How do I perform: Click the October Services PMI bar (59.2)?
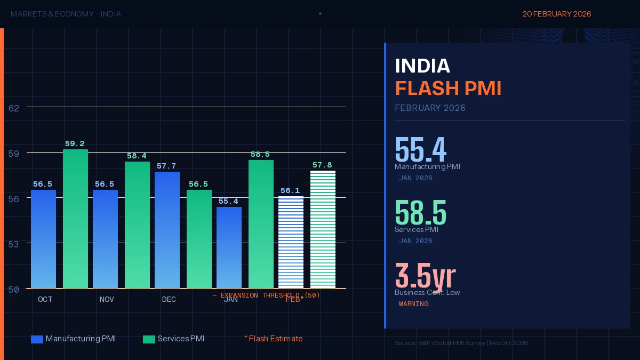75,219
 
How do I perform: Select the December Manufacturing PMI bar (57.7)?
167,230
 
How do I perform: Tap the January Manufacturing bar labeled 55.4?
229,247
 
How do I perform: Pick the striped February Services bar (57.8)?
323,229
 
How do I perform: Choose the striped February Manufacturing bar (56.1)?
291,242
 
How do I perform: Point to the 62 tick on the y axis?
14,108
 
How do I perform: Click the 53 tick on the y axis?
14,244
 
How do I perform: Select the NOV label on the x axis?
107,300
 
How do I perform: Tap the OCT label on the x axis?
45,300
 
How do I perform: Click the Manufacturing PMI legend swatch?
37,339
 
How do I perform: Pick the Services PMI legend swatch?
149,339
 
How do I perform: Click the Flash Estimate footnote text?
274,339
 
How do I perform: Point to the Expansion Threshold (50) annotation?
266,295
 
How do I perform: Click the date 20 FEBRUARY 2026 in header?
556,14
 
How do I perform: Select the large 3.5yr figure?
425,276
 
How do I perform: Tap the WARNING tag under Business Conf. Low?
413,304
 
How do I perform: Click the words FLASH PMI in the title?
448,89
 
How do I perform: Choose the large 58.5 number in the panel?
420,213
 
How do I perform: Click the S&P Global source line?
461,343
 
